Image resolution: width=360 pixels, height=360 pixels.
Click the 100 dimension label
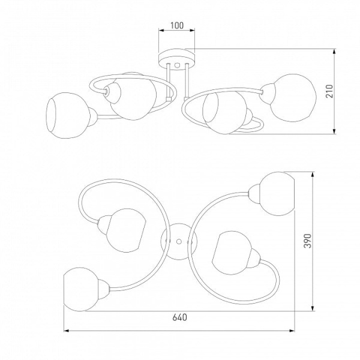177,25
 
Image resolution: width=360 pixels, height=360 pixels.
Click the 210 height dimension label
329,91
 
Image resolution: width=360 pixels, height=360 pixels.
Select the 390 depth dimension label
308,241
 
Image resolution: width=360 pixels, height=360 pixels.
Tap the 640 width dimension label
180,317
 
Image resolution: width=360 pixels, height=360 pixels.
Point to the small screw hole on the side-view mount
177,65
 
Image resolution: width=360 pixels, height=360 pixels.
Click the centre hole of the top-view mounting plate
179,242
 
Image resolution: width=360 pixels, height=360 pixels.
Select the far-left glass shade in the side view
68,115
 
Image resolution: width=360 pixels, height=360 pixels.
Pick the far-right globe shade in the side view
293,98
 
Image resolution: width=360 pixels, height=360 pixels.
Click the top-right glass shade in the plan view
277,194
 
